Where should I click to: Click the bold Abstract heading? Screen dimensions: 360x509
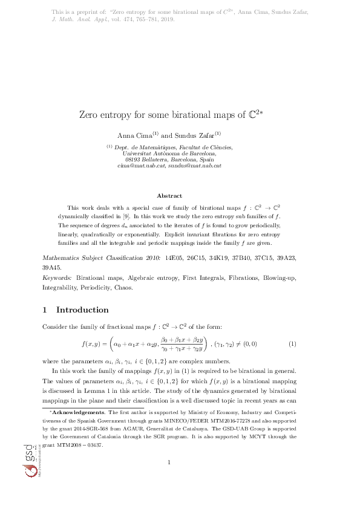click(x=169, y=195)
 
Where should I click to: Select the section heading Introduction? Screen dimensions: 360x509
click(x=82, y=310)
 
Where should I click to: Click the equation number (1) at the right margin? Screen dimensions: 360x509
click(x=292, y=344)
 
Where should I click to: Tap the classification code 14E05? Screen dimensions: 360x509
click(x=172, y=274)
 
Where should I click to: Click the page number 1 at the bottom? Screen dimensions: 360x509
click(x=169, y=479)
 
